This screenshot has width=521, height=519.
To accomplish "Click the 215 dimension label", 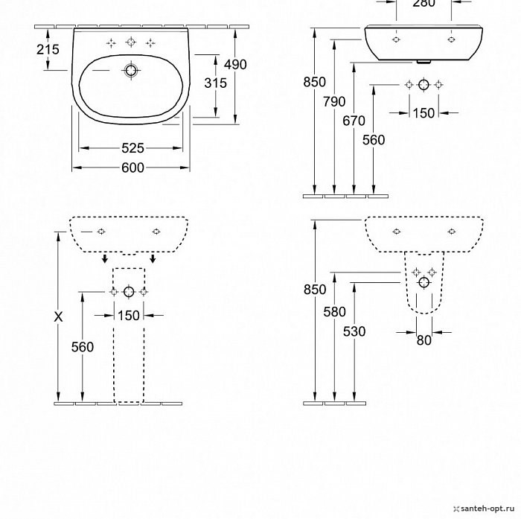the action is point(48,49).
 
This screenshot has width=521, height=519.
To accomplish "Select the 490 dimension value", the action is point(235,65).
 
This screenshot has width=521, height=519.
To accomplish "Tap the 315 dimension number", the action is point(215,83).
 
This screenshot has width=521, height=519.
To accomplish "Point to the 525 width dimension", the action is point(132,148).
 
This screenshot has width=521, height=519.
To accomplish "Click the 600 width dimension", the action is point(132,168).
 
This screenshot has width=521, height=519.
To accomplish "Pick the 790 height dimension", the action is point(334,102).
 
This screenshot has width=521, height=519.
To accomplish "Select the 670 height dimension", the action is point(354,121).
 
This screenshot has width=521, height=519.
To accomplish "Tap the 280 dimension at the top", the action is point(423,3).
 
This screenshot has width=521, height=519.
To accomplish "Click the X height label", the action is point(58,317).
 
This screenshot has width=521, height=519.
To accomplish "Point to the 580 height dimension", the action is point(335,312).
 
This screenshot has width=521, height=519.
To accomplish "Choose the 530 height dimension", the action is point(354,331).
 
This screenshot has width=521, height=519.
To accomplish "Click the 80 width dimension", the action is point(424,340).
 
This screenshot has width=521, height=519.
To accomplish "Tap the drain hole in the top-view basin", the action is point(131,71).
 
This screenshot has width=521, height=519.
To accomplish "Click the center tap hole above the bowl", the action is point(131,42).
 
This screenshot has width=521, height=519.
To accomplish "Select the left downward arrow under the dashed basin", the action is point(105,258).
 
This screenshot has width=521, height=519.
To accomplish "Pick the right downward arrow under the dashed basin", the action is point(153,258).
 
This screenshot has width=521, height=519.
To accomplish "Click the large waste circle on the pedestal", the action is point(129,292).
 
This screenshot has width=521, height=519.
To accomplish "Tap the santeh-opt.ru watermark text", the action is point(488,509).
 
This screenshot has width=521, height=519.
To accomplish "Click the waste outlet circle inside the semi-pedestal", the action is point(423,283).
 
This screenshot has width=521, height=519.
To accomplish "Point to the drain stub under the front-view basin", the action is point(423,62).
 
